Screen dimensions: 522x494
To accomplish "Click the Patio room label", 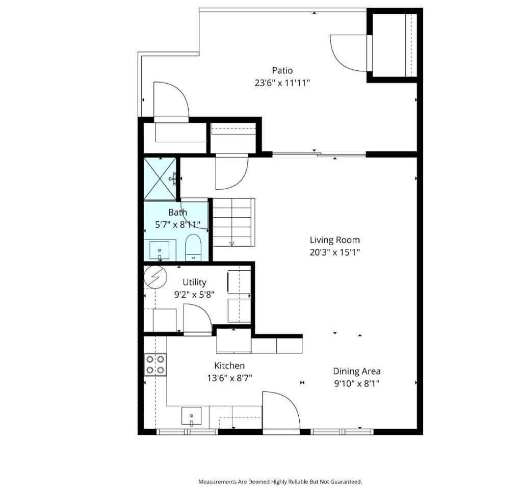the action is (x=282, y=70).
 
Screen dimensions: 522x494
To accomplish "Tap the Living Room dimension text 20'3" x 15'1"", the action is (x=335, y=252).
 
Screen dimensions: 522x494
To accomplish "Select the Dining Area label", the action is (x=356, y=371).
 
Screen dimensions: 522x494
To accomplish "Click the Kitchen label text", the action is (x=229, y=366).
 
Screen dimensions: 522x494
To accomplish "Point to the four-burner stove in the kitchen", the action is (x=155, y=365).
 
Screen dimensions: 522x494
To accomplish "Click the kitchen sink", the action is (x=192, y=416).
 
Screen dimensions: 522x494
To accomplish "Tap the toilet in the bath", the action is (x=193, y=247).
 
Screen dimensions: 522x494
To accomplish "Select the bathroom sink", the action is (x=160, y=251).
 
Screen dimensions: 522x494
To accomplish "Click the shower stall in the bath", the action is (x=160, y=179).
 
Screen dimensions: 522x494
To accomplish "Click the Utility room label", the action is (x=194, y=282).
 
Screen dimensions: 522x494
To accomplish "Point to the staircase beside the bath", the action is (x=233, y=222).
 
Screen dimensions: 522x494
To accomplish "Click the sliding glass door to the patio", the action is (x=319, y=154).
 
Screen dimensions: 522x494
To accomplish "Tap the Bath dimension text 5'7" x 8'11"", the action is (x=178, y=225).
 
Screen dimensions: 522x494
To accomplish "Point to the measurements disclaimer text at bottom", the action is (x=280, y=482).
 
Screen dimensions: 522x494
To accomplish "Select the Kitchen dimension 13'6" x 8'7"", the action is (x=230, y=378).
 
